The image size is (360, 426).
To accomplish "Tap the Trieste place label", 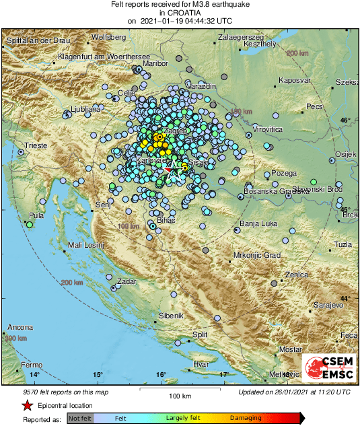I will tap(36, 145).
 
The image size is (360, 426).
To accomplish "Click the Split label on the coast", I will tap(200, 334).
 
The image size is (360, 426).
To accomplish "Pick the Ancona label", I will tap(20, 328).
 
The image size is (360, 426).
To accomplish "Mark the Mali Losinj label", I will tap(87, 246).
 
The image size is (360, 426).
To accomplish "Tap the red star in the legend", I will tap(27, 405).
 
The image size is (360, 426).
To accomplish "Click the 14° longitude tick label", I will tap(34, 374).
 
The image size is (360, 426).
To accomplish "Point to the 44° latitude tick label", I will tap(346, 298).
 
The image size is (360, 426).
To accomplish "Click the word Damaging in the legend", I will tap(246, 418).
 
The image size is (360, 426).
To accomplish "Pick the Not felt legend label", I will tap(80, 418).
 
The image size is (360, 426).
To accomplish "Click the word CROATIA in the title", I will tap(181, 13).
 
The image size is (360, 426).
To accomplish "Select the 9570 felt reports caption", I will tap(56, 391).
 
